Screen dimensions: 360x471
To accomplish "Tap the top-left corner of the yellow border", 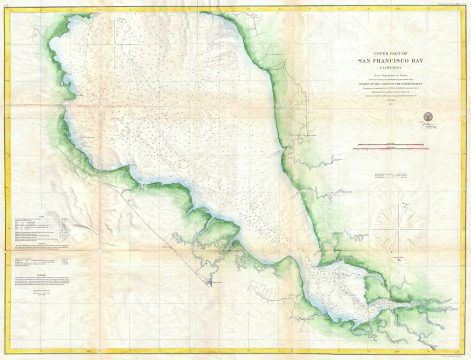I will tap(5, 5).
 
